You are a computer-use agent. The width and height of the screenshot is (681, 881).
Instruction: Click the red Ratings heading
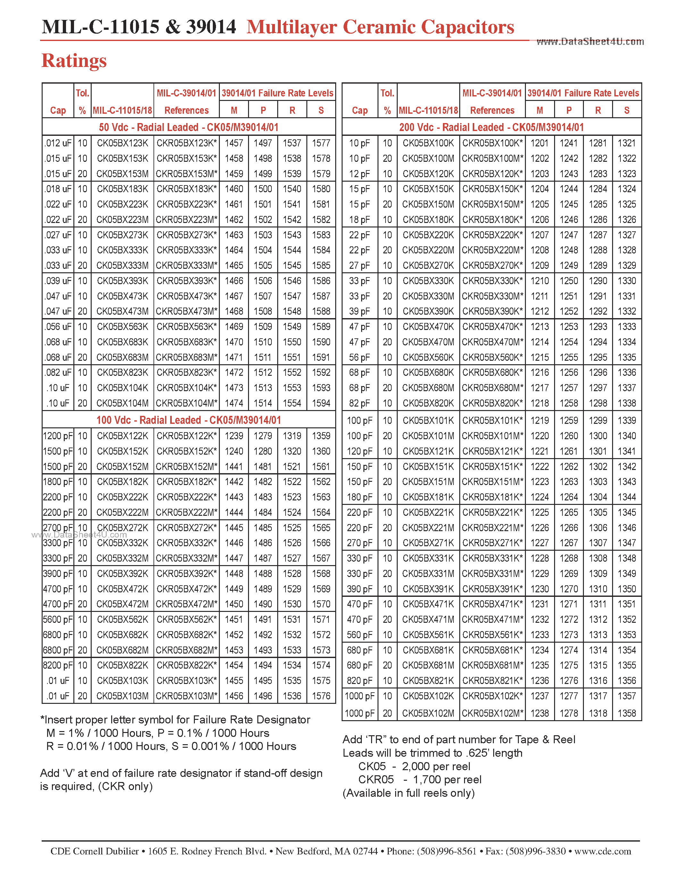[x=74, y=61]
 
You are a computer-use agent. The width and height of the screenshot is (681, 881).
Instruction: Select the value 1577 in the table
[x=321, y=143]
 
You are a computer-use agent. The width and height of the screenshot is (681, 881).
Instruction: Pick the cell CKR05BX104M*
[x=187, y=403]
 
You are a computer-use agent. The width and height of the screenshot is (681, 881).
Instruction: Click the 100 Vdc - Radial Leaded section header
[x=188, y=420]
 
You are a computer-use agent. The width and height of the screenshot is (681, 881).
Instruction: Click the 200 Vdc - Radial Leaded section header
[x=491, y=128]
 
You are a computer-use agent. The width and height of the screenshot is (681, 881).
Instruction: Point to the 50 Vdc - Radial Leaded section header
[x=188, y=128]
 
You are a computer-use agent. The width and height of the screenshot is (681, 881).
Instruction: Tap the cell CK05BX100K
[x=428, y=143]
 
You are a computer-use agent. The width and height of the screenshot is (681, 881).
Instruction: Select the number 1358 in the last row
[x=627, y=713]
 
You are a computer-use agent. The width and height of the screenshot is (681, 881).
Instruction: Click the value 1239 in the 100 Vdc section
[x=234, y=436]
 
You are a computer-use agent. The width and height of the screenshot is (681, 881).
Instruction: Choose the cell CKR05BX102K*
[x=492, y=696]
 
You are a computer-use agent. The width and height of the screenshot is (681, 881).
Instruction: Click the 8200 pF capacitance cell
[x=58, y=665]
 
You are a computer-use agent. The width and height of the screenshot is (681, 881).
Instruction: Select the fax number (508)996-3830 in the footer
[x=536, y=851]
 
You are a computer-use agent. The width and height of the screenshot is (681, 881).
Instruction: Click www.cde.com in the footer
[x=602, y=851]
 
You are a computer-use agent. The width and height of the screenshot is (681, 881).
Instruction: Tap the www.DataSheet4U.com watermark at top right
[x=590, y=42]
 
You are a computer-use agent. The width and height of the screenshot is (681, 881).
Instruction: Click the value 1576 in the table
[x=321, y=696]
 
